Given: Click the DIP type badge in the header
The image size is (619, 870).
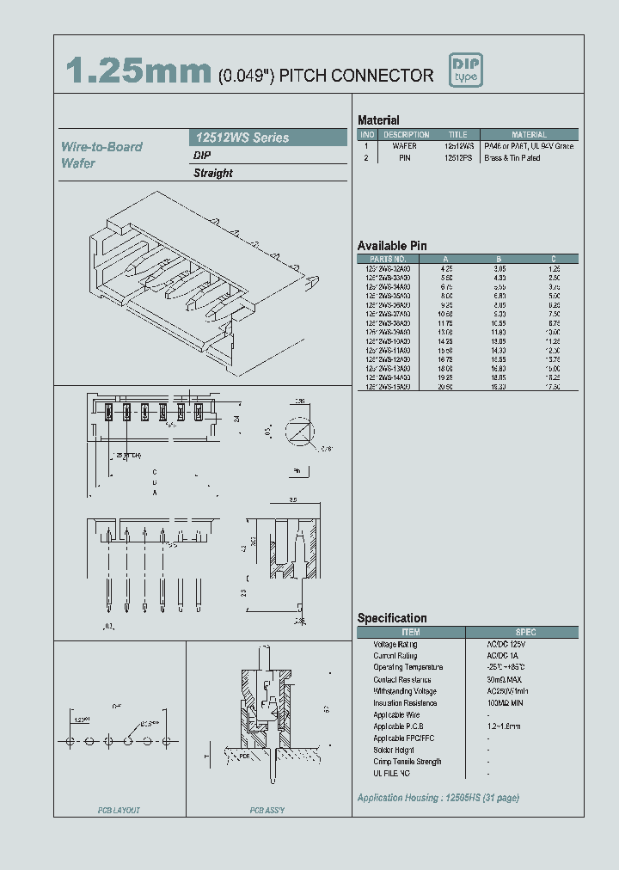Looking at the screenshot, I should coord(466,70).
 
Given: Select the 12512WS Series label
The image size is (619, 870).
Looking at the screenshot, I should coord(240,138).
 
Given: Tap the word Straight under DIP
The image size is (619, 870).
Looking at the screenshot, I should coord(213,173).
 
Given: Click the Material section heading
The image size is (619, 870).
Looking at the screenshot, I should coord(378,120).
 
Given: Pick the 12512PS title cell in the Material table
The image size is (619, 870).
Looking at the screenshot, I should coord(457,158).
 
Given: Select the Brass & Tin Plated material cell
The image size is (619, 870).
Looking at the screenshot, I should coord(512,158).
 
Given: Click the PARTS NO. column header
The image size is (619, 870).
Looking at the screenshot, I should coord(388,258).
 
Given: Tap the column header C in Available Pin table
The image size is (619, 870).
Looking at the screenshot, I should coord(554,258).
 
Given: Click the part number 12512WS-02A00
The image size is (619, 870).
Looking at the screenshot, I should coord(388,268).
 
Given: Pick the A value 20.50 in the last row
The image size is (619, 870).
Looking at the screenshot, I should coord(445,387).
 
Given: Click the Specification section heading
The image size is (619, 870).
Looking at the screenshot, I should coord(392,618).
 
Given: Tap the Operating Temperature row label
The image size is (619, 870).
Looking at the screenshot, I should coord(408,667).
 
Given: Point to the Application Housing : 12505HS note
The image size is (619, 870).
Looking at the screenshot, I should coord(438,798).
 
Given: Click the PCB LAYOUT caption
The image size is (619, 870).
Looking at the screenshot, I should coord(119,810).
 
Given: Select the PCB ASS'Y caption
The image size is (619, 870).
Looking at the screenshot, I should coord(267,810).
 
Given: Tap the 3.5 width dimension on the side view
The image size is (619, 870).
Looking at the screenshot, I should coord(293,499).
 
